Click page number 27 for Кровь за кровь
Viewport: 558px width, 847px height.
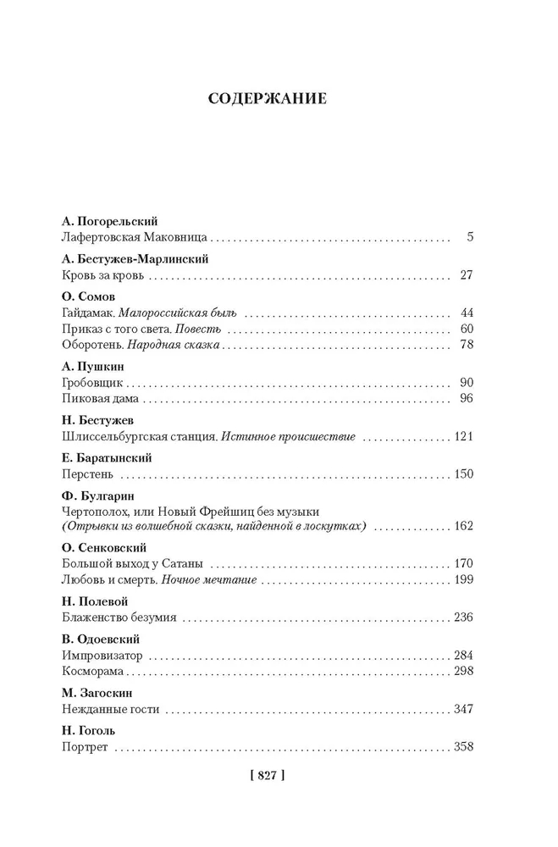click(x=464, y=275)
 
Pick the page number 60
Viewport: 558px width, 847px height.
click(x=464, y=329)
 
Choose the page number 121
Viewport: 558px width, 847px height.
click(x=461, y=437)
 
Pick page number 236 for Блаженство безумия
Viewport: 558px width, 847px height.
click(x=461, y=617)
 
